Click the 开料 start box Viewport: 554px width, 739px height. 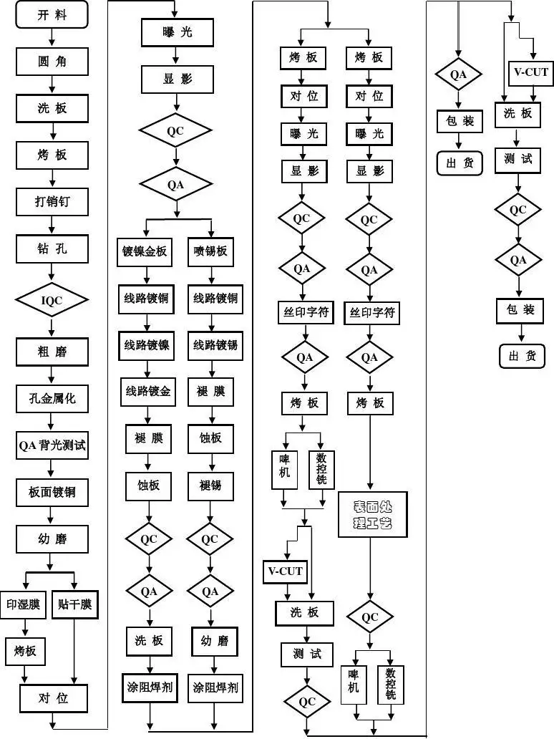[x=52, y=15]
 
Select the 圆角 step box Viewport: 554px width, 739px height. [x=52, y=62]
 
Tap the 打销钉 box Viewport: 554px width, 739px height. [x=52, y=202]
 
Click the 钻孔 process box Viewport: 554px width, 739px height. [x=52, y=248]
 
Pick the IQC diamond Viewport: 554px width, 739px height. [x=52, y=301]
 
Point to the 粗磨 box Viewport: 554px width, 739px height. [x=52, y=352]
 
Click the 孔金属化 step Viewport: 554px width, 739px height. [x=52, y=398]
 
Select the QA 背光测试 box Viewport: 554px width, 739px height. [x=52, y=445]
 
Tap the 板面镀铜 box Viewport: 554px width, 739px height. [x=52, y=493]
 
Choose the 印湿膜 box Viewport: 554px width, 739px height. [x=23, y=605]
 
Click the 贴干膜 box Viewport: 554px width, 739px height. [x=75, y=605]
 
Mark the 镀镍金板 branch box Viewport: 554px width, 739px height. [x=146, y=251]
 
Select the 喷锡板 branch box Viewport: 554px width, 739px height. [x=210, y=251]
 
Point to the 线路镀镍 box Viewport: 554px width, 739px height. [x=147, y=345]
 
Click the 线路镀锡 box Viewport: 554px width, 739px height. [x=215, y=345]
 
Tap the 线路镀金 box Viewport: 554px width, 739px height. [x=147, y=391]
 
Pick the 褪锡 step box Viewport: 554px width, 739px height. [x=210, y=486]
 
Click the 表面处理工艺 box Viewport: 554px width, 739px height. [x=372, y=514]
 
